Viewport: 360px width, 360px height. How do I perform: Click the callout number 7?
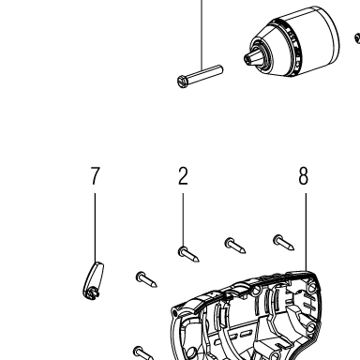(x=96, y=175)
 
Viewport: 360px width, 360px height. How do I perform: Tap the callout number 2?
(x=183, y=175)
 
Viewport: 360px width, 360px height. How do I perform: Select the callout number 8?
(x=303, y=175)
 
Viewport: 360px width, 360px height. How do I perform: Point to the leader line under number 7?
(x=96, y=228)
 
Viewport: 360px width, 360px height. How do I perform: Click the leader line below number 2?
(x=183, y=220)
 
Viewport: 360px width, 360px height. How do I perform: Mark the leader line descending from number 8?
(x=306, y=232)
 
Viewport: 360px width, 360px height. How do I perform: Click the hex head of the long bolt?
(x=182, y=82)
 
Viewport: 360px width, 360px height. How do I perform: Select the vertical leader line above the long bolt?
(x=202, y=35)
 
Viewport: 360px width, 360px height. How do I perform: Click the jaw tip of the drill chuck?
(x=248, y=58)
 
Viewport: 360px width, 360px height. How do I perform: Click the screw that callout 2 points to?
(x=188, y=254)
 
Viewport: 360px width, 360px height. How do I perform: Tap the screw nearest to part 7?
(x=146, y=279)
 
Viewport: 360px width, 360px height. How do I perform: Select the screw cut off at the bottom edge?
(x=143, y=353)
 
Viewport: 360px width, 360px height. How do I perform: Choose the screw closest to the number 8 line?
(x=284, y=243)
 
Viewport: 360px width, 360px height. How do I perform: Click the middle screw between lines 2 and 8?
(x=235, y=246)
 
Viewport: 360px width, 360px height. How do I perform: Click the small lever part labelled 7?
(x=94, y=280)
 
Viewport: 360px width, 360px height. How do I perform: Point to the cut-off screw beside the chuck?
(x=357, y=38)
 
